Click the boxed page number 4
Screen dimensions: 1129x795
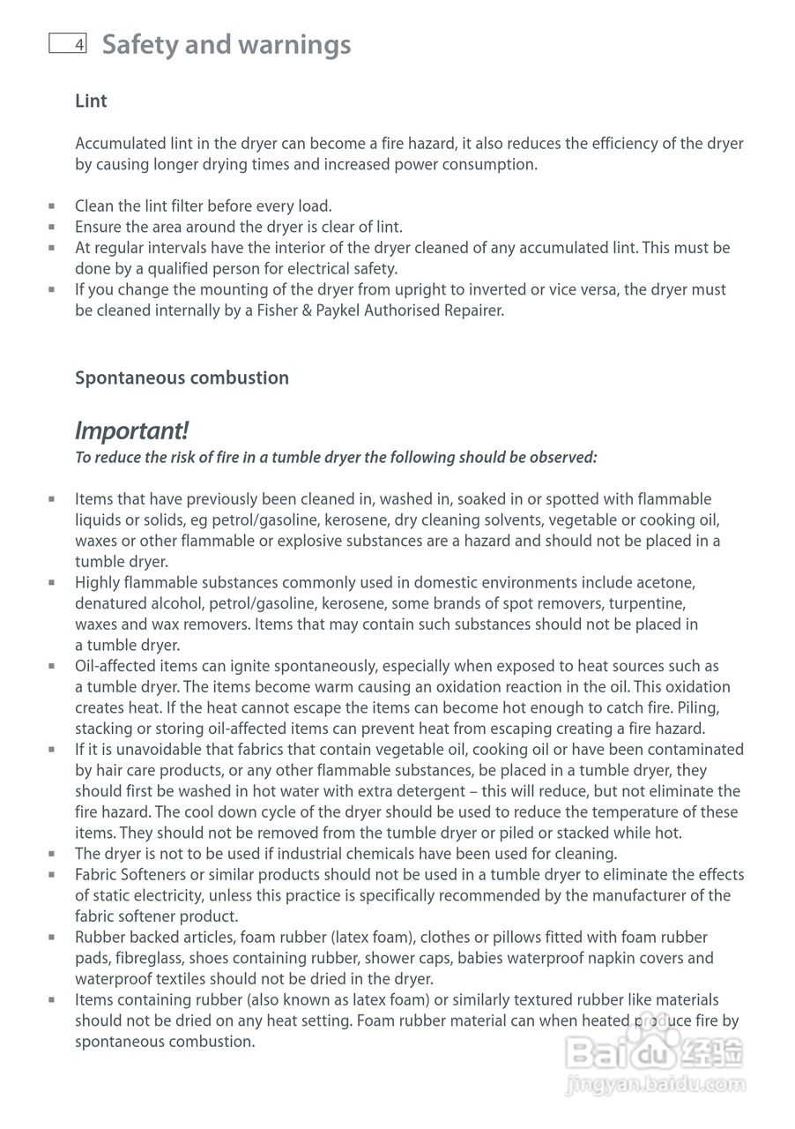[68, 44]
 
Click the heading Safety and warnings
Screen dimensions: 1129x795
[227, 44]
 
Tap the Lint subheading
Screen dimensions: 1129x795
[91, 101]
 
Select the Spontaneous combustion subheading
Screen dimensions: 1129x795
[182, 378]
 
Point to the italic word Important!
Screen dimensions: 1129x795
[131, 430]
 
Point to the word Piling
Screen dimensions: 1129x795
[724, 707]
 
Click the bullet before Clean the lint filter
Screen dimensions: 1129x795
[52, 206]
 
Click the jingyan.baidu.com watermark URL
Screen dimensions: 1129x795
[656, 1084]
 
